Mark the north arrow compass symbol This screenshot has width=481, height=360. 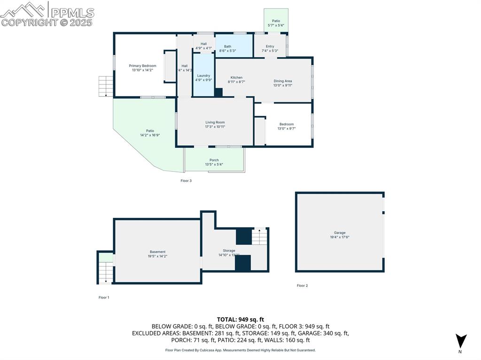click(x=461, y=341)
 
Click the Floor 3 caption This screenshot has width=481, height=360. click(x=186, y=181)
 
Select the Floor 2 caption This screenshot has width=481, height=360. click(x=302, y=285)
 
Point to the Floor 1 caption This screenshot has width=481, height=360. click(x=103, y=297)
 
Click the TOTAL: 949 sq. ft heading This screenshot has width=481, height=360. click(x=240, y=319)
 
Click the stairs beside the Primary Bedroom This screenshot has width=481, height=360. click(x=106, y=86)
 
